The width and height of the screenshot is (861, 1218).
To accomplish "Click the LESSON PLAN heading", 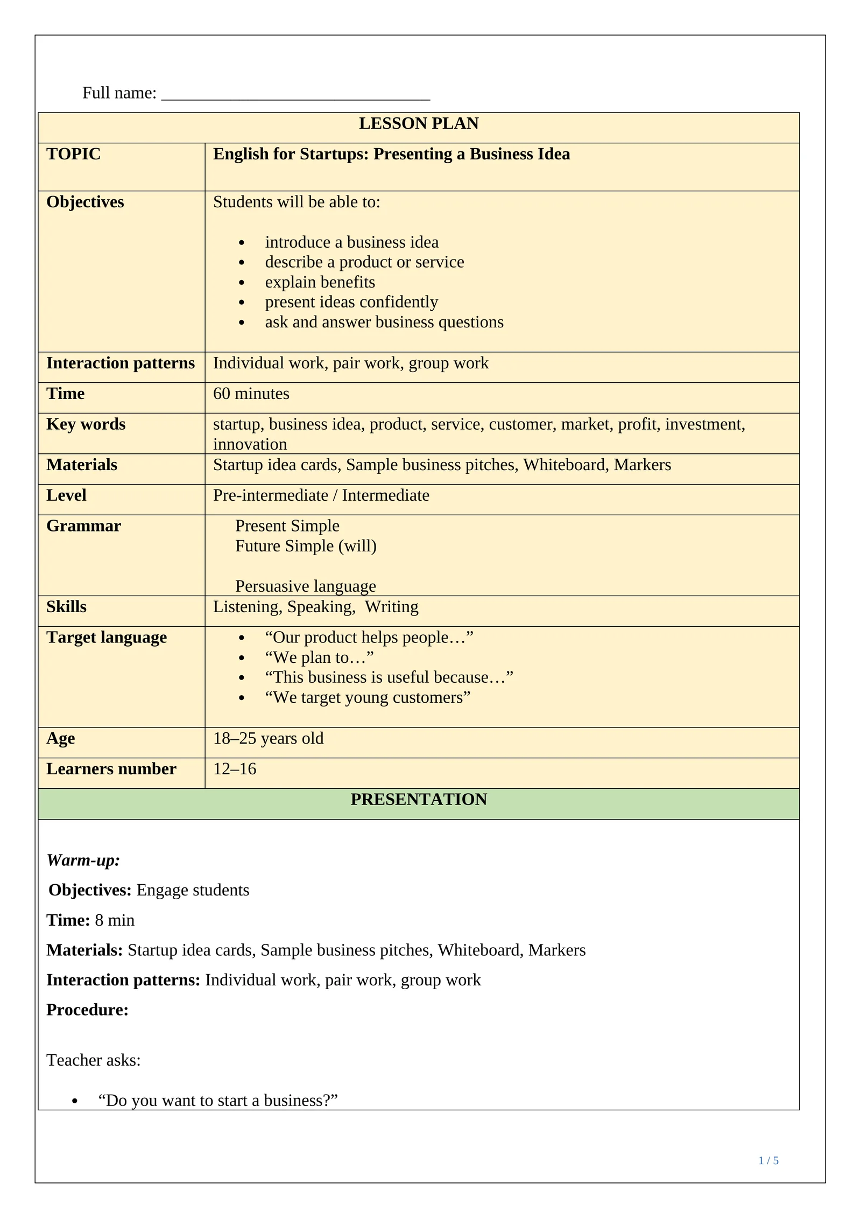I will coord(418,124).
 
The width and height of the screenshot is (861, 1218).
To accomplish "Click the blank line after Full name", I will coord(295,95).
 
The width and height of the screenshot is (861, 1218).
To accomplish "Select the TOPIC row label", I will coord(73,155).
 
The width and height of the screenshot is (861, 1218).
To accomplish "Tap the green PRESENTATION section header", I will coord(418,800).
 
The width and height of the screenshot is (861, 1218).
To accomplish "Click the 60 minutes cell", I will coord(251,394).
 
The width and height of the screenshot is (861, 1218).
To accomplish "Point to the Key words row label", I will coord(86,424).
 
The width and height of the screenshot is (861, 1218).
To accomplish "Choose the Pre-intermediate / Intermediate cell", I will coord(321,495).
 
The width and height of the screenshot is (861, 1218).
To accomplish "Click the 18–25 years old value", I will coord(268,739).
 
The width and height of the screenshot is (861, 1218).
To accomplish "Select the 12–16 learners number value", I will coord(235,769).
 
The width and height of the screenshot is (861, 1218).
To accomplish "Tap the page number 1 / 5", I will coord(768,1161).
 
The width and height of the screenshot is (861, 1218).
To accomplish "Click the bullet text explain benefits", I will coord(320,283).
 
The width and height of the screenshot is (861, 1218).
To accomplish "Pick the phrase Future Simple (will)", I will coord(306,547).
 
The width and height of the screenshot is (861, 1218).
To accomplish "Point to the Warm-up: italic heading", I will coord(83,860).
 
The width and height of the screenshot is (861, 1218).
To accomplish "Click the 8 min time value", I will coord(115,920).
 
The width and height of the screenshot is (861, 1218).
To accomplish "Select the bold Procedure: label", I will coord(87,1010).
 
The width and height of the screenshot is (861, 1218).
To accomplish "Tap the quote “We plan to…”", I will coord(319,658).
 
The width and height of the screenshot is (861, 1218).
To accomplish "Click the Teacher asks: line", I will coord(93,1060).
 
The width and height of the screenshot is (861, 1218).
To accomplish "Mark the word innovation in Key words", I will coord(250,445).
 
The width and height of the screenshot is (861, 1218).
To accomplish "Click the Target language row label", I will coord(107,638).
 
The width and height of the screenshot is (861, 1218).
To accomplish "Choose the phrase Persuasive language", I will coord(305,586).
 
